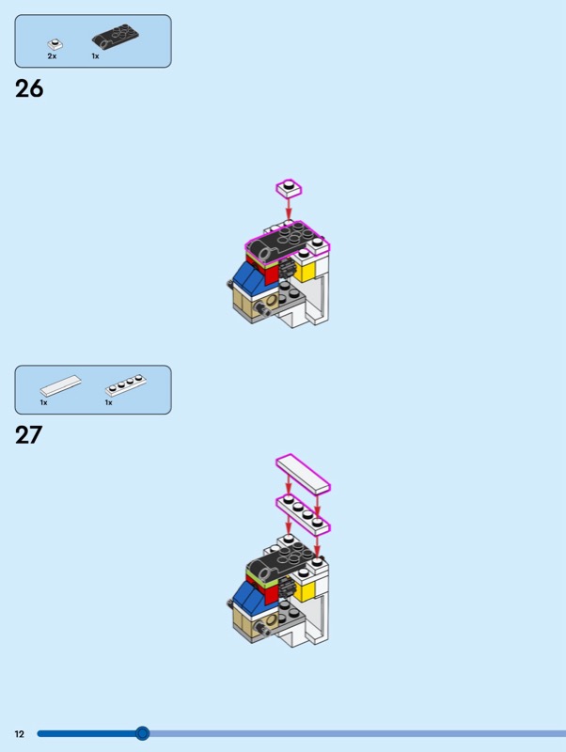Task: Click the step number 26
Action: [x=29, y=88]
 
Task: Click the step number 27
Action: [x=29, y=435]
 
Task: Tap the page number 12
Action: [x=19, y=734]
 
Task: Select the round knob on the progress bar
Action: [x=142, y=733]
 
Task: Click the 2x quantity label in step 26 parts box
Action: [x=52, y=56]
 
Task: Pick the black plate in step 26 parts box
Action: [x=115, y=36]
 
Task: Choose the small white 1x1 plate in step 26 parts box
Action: [x=55, y=44]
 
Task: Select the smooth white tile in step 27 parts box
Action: [x=60, y=385]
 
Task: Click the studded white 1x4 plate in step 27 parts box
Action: [x=126, y=385]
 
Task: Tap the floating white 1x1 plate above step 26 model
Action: [x=289, y=188]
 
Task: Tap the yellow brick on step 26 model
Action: [x=306, y=270]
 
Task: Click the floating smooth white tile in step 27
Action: [x=303, y=474]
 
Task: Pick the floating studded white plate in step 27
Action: [x=303, y=513]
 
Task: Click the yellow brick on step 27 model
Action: [x=306, y=590]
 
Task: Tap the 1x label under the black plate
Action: [x=96, y=56]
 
